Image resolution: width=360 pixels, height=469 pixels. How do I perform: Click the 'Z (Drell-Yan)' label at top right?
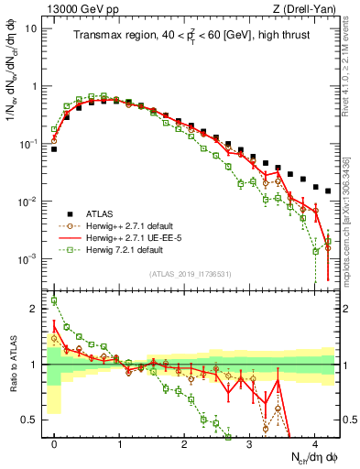pyautogui.click(x=307, y=8)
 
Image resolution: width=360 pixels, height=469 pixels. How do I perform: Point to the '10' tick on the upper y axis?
pyautogui.click(x=31, y=27)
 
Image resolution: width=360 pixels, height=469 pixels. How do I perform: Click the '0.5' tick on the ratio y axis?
pyautogui.click(x=29, y=420)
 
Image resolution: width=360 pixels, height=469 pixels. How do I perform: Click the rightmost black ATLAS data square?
pyautogui.click(x=328, y=191)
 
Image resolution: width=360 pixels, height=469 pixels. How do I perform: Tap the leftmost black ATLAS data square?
pyautogui.click(x=54, y=148)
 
